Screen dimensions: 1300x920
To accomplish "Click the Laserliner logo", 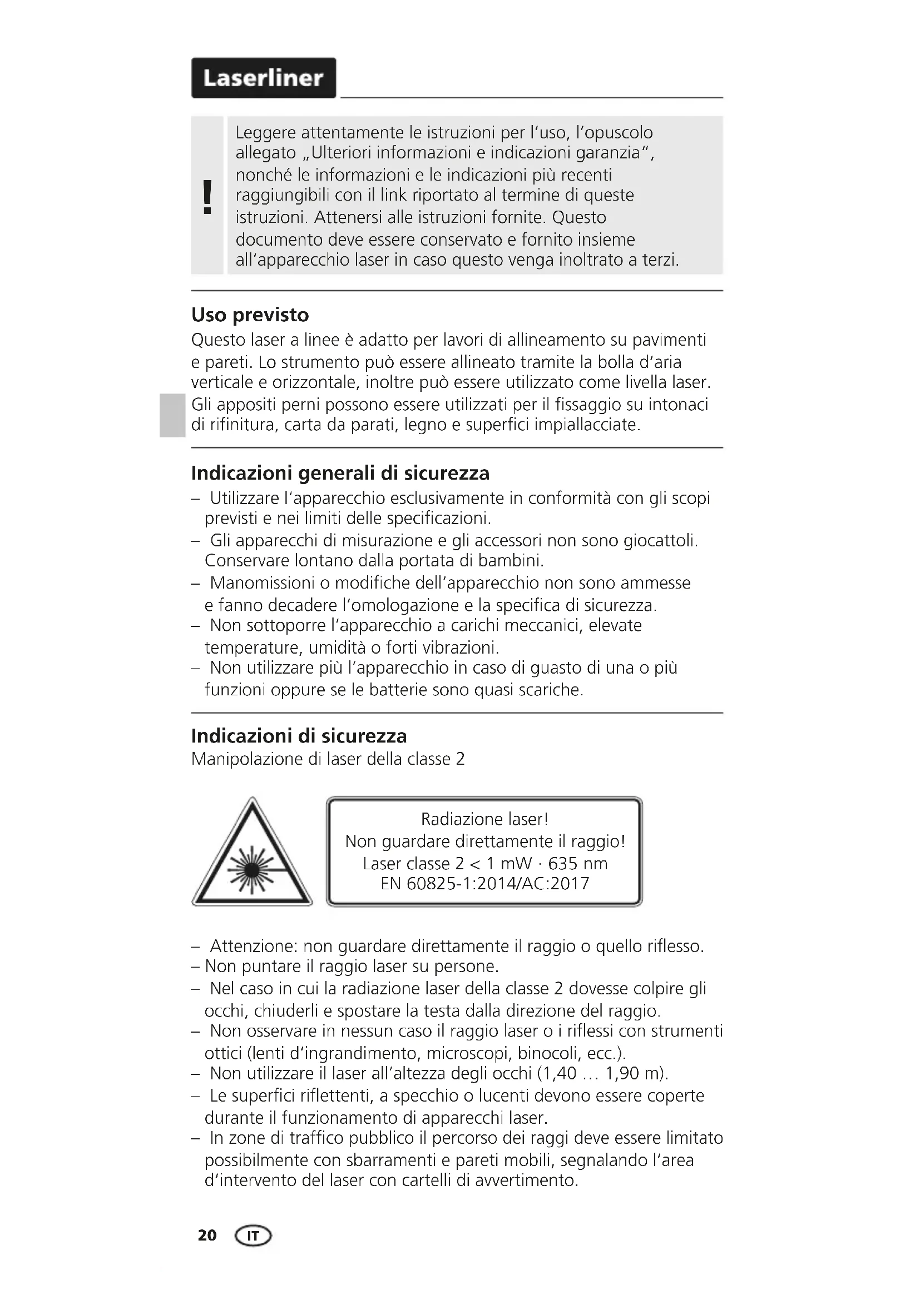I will [x=264, y=78].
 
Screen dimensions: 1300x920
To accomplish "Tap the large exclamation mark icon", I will [x=207, y=196].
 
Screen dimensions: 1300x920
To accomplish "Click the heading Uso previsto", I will [x=250, y=315].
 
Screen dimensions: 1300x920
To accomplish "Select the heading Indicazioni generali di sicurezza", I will [x=340, y=473].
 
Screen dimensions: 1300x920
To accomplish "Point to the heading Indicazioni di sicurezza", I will [x=299, y=736].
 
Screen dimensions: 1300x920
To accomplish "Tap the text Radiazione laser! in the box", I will [x=484, y=819].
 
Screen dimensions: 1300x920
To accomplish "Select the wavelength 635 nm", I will [x=578, y=864].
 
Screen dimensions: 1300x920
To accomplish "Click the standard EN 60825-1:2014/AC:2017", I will [x=485, y=884].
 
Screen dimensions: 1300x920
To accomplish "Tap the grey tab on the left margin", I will [x=171, y=415].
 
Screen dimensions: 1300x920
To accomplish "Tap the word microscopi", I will [x=468, y=1053].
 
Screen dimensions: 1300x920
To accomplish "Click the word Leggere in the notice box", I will [x=265, y=133].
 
